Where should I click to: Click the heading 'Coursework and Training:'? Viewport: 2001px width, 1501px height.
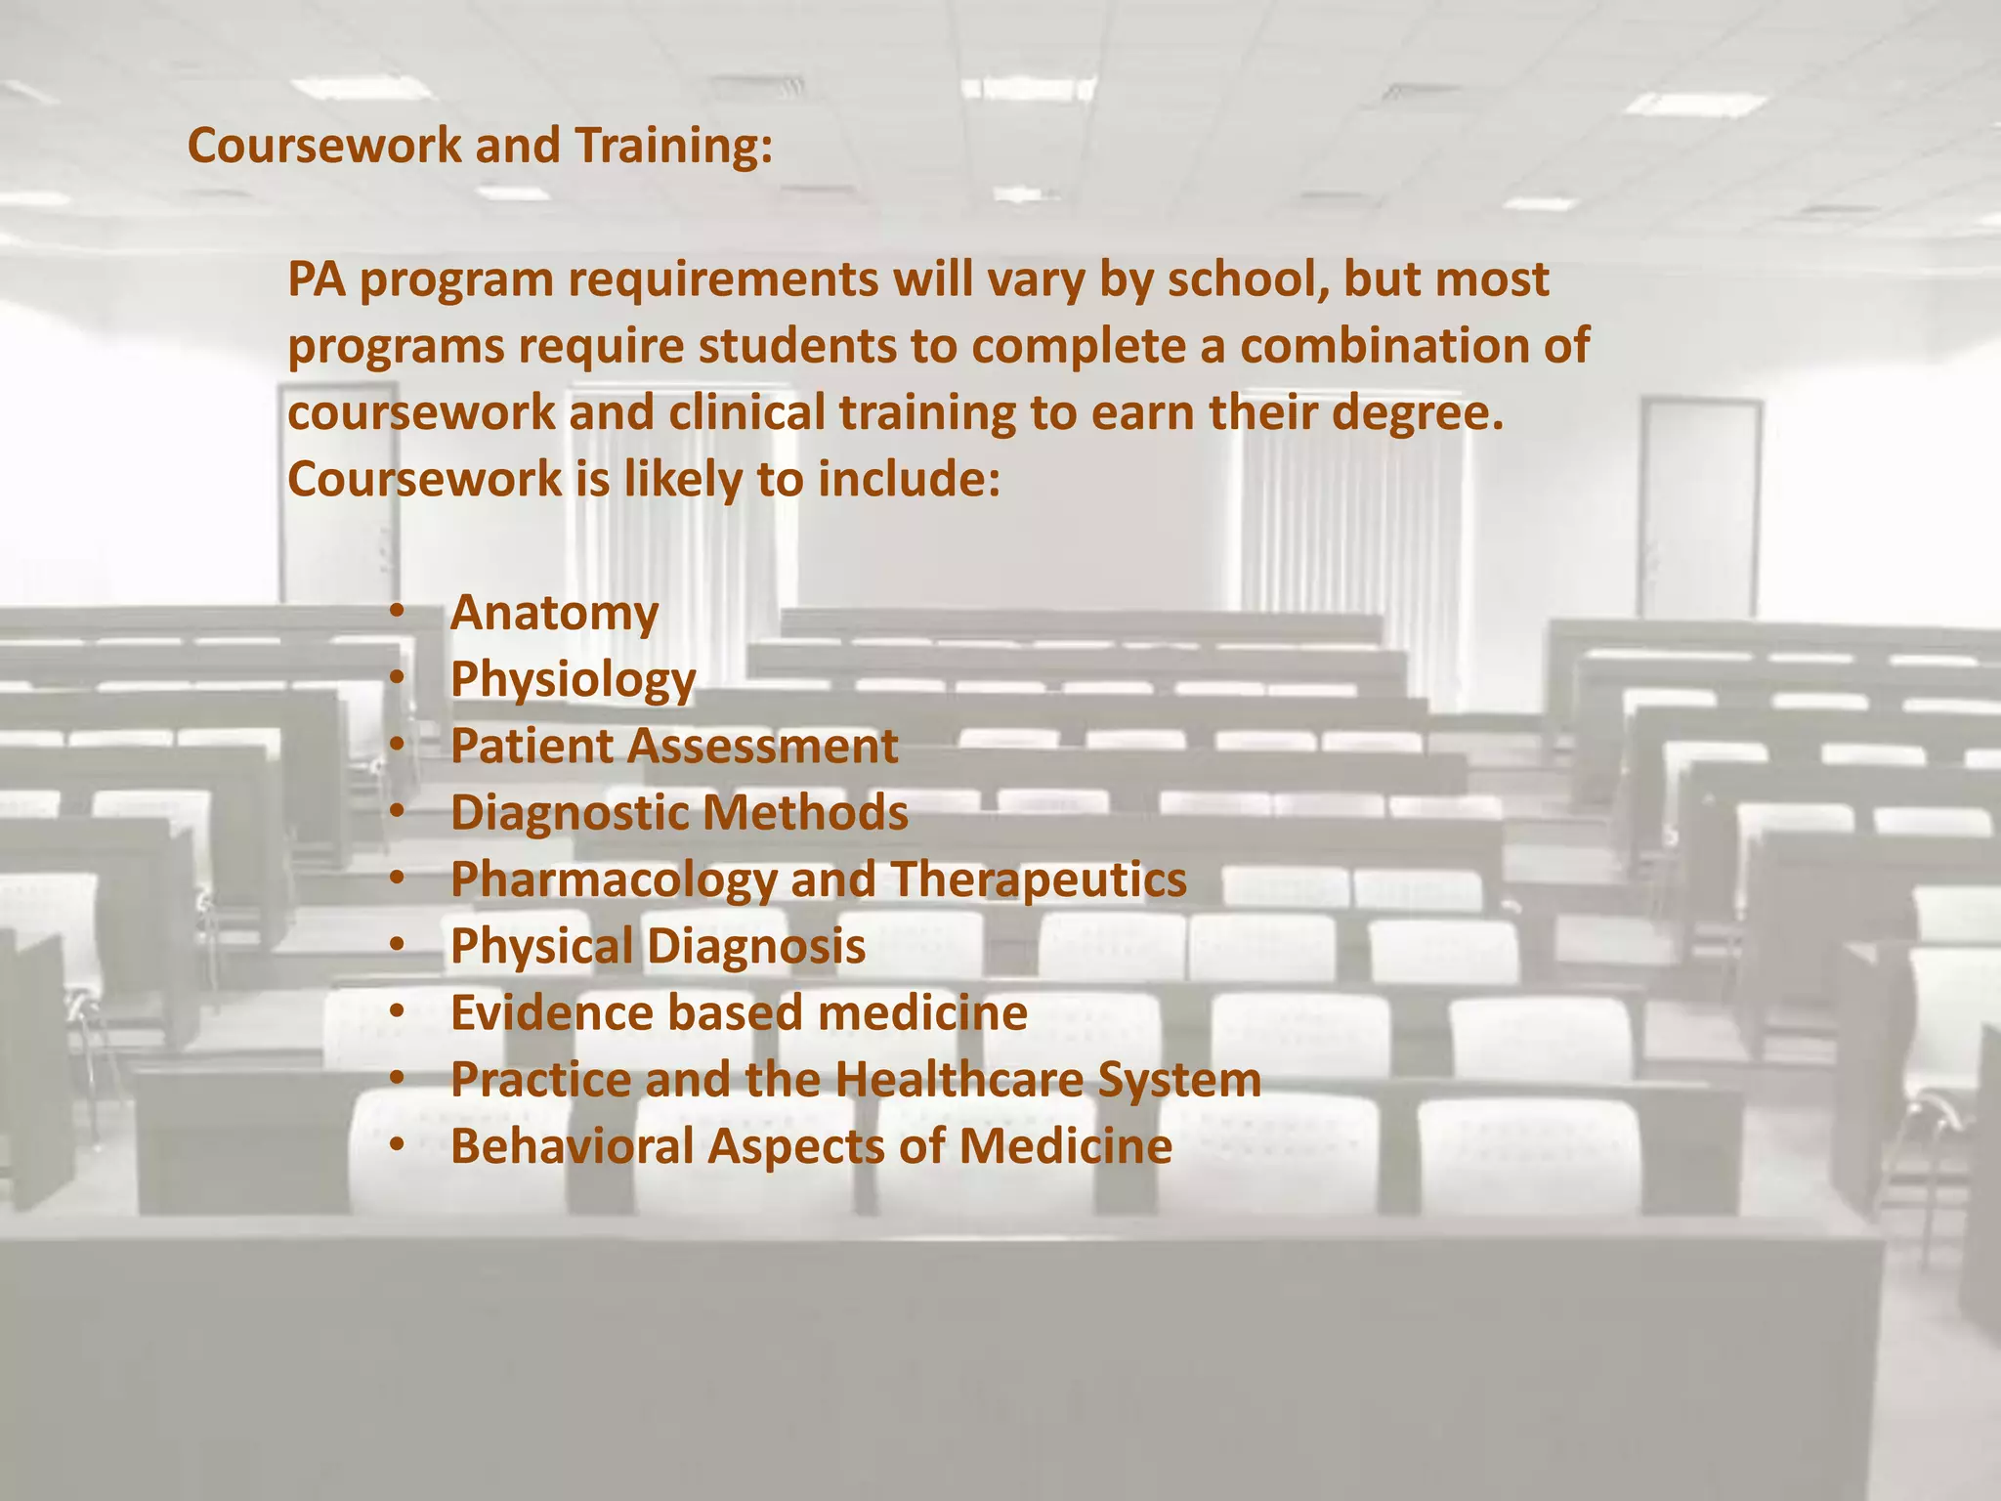click(480, 146)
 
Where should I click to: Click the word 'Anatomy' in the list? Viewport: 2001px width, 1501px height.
click(554, 614)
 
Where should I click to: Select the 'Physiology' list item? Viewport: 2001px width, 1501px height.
click(573, 680)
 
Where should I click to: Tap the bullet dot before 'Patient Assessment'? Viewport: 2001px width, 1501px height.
click(396, 746)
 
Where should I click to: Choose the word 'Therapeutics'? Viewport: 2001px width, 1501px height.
click(1038, 879)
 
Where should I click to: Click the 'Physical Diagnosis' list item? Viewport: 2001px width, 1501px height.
click(658, 947)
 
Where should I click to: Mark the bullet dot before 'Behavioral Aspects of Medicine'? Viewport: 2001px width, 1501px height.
click(396, 1145)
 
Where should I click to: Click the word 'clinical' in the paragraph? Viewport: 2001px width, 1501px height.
click(746, 413)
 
